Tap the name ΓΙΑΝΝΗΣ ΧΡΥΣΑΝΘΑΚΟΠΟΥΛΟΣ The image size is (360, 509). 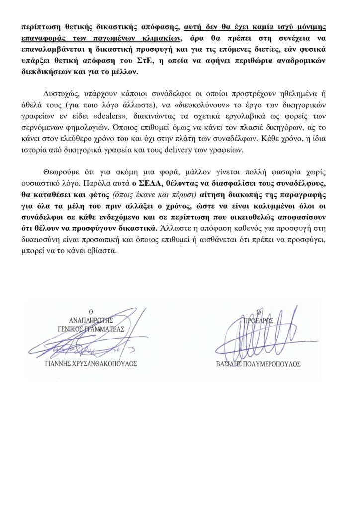90,363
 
